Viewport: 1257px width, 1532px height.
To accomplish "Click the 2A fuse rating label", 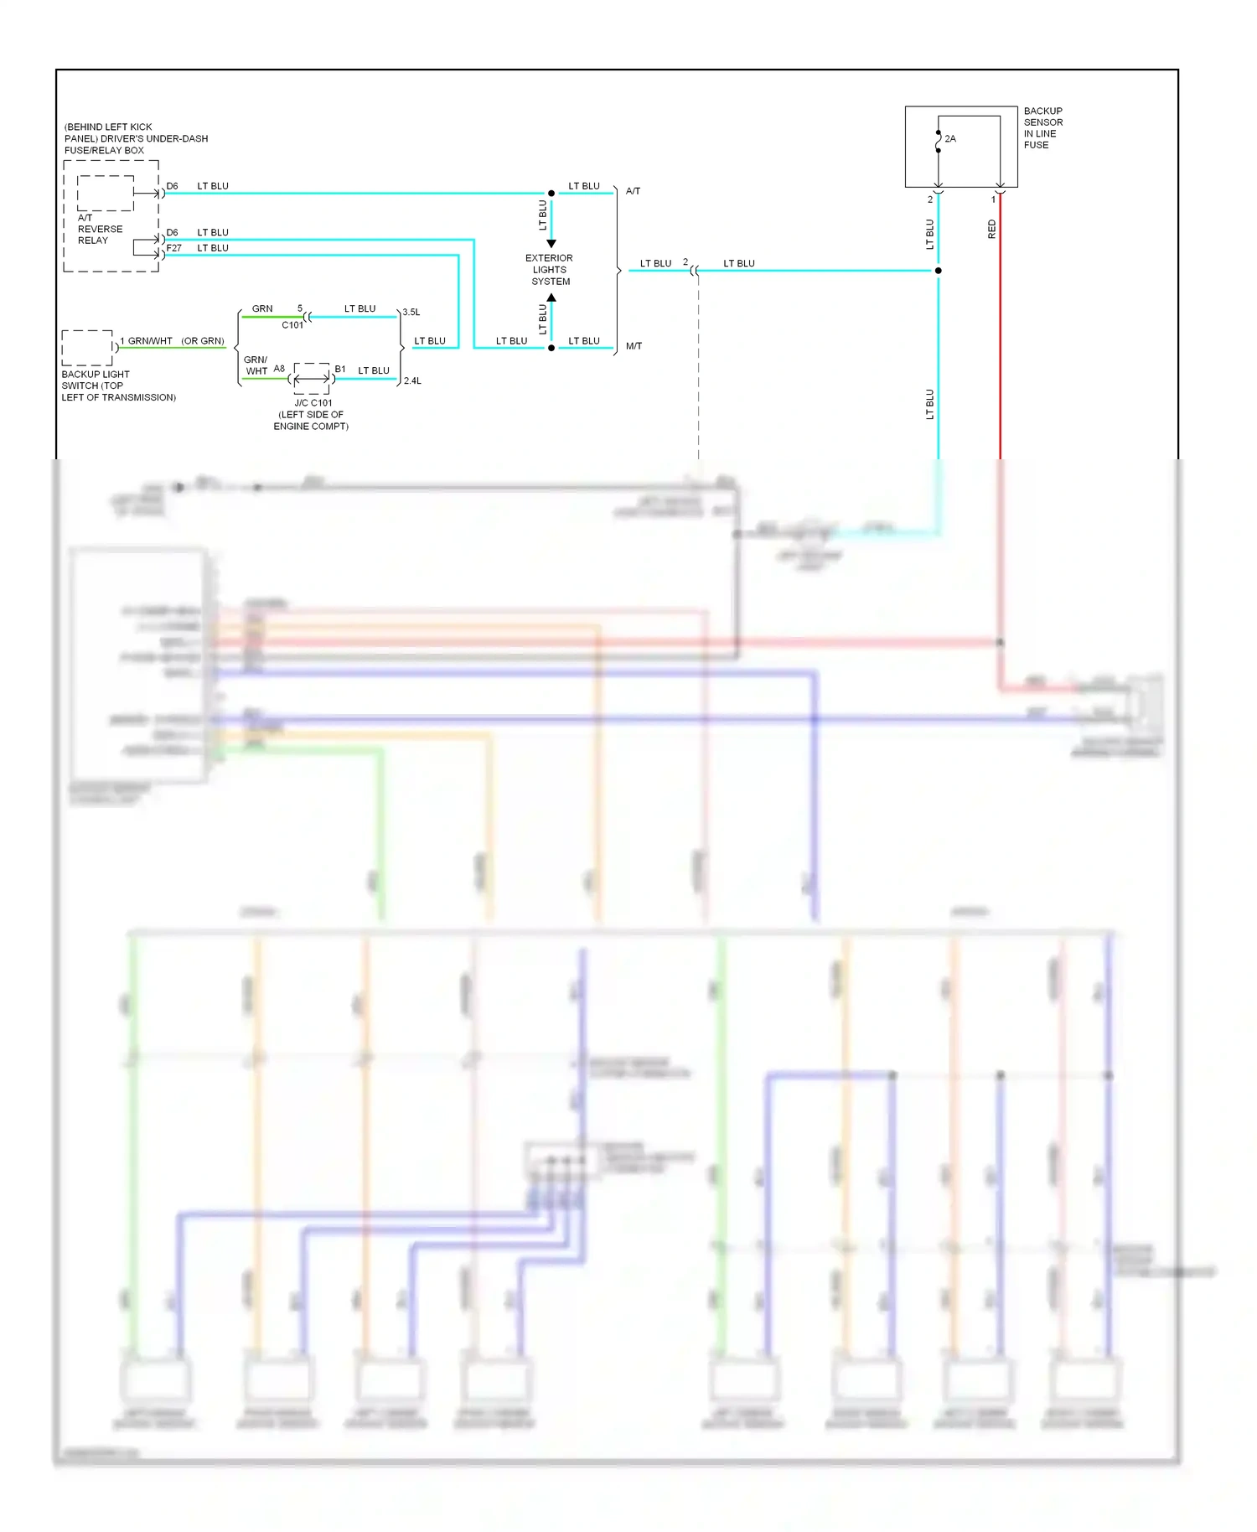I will point(950,139).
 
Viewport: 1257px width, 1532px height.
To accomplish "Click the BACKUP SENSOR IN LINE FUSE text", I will point(1042,128).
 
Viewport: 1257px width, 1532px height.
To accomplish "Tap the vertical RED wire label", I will point(992,230).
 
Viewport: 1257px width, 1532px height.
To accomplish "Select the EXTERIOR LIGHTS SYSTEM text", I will point(550,270).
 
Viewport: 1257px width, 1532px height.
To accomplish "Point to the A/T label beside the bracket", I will point(633,191).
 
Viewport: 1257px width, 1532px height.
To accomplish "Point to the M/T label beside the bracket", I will point(634,346).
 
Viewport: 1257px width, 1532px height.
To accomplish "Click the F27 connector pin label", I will point(173,248).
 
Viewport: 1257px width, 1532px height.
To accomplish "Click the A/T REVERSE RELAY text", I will point(100,229).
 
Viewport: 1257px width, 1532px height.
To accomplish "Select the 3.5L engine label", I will point(411,313).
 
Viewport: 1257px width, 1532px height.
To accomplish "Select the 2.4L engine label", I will point(412,381).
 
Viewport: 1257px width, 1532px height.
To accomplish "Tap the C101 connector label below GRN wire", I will point(292,325).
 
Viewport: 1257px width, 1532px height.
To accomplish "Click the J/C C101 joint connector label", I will point(313,403).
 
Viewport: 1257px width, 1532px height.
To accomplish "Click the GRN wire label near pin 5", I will point(262,308).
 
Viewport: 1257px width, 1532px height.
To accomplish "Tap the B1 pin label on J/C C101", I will point(340,369).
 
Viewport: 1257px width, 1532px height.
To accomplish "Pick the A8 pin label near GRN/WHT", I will point(279,369).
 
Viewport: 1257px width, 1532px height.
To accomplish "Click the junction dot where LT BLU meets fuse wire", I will point(938,271).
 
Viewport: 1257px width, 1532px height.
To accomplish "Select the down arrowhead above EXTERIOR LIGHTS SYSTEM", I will point(551,244).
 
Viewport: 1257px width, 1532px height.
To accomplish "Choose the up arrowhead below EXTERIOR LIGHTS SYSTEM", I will point(551,298).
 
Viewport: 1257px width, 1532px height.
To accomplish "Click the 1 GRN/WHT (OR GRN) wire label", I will point(172,341).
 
